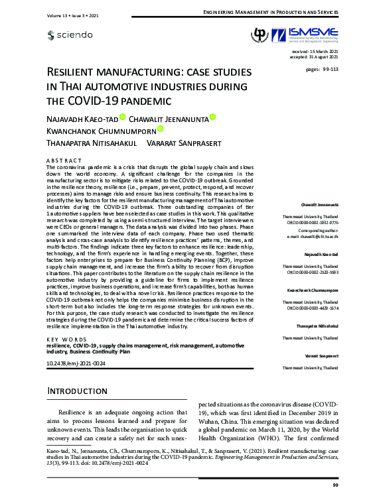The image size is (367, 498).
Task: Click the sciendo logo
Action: pos(71,34)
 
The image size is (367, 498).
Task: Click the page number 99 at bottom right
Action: pos(335,486)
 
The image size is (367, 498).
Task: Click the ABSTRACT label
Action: pos(63,160)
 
